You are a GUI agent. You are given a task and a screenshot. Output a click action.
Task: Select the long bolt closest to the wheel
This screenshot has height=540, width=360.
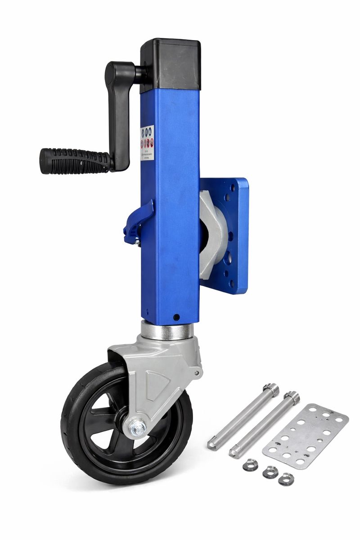point(243,416)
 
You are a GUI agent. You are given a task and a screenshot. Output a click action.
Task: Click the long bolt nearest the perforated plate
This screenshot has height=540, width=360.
point(265,423)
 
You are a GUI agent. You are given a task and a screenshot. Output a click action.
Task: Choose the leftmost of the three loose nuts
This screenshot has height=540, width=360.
point(250,464)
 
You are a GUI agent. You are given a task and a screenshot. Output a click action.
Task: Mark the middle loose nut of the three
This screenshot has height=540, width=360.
point(270,472)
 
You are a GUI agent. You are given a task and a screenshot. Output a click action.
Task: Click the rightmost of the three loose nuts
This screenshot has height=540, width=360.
point(286,479)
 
